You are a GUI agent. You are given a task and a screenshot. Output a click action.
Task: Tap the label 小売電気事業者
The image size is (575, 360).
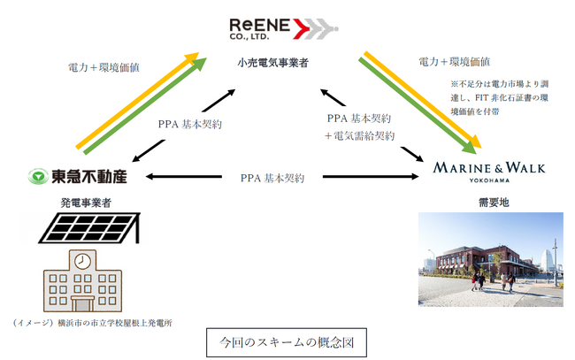tap(279, 64)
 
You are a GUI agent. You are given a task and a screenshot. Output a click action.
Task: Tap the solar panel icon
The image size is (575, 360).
tap(85, 229)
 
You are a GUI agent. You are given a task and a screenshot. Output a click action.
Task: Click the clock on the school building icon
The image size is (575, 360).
tap(80, 262)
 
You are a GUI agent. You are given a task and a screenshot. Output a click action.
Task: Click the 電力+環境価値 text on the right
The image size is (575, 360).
tap(455, 62)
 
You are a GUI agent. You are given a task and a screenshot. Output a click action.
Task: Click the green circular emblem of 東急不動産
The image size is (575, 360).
tap(35, 177)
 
